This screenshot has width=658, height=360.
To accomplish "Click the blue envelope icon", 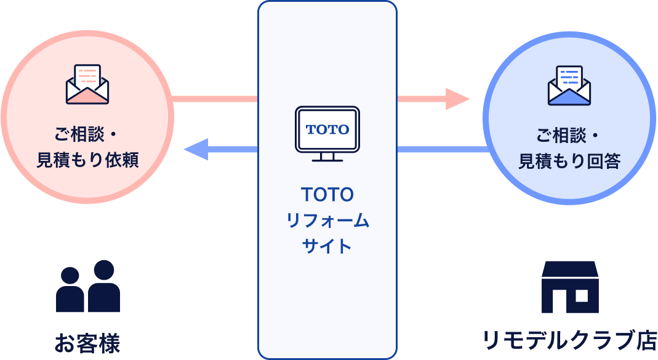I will coord(569,85).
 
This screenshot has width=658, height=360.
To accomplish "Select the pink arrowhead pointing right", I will coord(457,99).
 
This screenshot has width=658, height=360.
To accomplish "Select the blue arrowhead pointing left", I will coord(196,149).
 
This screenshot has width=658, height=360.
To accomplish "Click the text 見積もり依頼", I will coord(87,160).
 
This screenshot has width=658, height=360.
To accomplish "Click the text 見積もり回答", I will coord(569,161).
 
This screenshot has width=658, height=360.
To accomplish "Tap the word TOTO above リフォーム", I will coord(327,195).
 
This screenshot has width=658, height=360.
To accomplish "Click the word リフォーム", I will coord(327,220).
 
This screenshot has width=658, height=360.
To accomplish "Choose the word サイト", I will coord(327,246).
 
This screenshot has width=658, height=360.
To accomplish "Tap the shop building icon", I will coord(570,287).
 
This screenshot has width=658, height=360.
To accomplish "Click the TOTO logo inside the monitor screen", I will coord(327,129).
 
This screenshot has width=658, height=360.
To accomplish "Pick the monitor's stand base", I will coord(327,160).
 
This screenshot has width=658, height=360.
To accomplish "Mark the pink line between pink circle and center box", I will coord(215,99).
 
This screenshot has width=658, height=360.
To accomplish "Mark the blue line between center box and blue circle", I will coord(442,149).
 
